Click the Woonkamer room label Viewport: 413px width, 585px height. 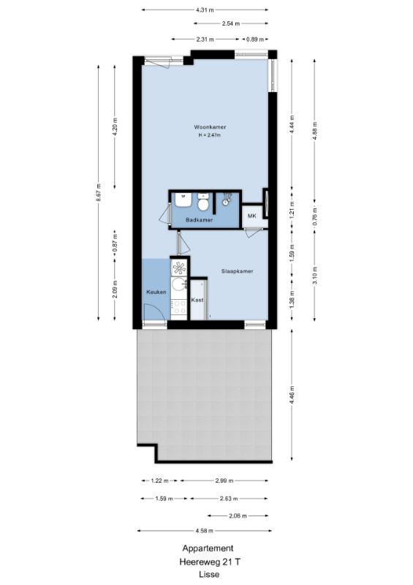(x=210, y=127)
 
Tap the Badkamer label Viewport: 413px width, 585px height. (x=200, y=220)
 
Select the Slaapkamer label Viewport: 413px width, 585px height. (x=237, y=271)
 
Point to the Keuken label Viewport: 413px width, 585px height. (x=156, y=292)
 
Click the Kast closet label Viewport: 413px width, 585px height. (x=197, y=300)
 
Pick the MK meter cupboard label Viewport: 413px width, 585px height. (x=252, y=216)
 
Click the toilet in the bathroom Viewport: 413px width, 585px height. (x=203, y=203)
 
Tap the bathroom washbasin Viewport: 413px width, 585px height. (x=183, y=200)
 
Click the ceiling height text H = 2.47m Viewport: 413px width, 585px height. (x=210, y=135)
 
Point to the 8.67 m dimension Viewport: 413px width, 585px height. (x=99, y=192)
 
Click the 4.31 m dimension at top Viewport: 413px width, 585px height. (x=205, y=10)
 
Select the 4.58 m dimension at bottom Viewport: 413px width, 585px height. (x=205, y=531)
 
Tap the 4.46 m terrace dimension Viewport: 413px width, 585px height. (x=292, y=395)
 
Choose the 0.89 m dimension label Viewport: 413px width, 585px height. (x=255, y=39)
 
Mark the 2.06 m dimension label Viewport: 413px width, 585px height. (x=238, y=516)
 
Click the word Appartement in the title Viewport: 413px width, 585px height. (x=208, y=548)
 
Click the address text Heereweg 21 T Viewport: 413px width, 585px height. (x=208, y=562)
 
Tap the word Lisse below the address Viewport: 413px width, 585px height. (x=209, y=575)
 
